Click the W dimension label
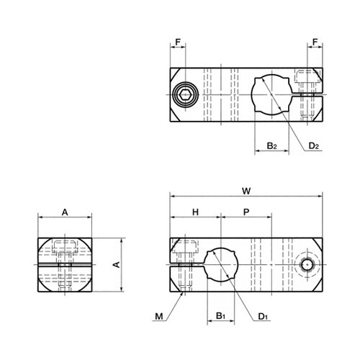(x=246, y=192)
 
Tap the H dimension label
(x=196, y=212)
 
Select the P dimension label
(x=246, y=212)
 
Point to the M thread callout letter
(x=159, y=317)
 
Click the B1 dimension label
(x=220, y=316)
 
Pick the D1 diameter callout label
(x=263, y=317)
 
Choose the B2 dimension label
(x=272, y=145)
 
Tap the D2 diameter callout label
(x=314, y=145)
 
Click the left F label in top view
(x=178, y=42)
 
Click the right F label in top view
(x=315, y=42)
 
